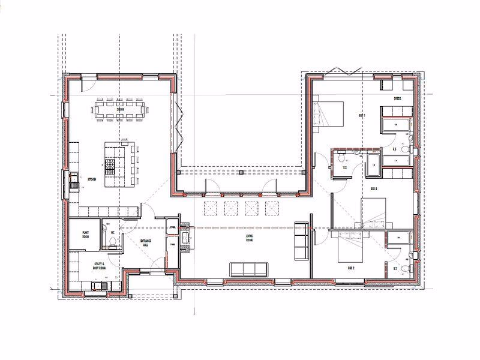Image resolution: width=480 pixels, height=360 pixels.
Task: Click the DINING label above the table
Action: (x=121, y=110)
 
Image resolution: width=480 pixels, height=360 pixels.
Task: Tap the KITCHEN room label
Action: (x=92, y=179)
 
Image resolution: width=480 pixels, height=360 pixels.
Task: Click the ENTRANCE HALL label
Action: (x=145, y=243)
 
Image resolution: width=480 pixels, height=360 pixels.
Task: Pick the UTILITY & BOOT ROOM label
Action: (x=99, y=265)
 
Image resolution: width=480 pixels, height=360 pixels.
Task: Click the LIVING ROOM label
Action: (x=249, y=238)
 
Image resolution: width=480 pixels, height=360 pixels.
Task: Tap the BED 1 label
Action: (x=362, y=115)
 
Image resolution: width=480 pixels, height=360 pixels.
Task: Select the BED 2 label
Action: (x=350, y=268)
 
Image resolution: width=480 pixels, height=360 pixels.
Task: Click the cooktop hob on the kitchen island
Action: (x=111, y=166)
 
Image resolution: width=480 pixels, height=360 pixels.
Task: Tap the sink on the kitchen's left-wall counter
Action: (x=74, y=179)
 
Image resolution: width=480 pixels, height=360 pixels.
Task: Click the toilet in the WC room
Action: (x=112, y=241)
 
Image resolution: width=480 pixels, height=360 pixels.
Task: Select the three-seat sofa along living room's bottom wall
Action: (x=247, y=268)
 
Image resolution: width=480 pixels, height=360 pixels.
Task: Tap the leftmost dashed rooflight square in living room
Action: (x=211, y=208)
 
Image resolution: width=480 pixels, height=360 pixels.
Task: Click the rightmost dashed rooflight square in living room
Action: (x=272, y=208)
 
